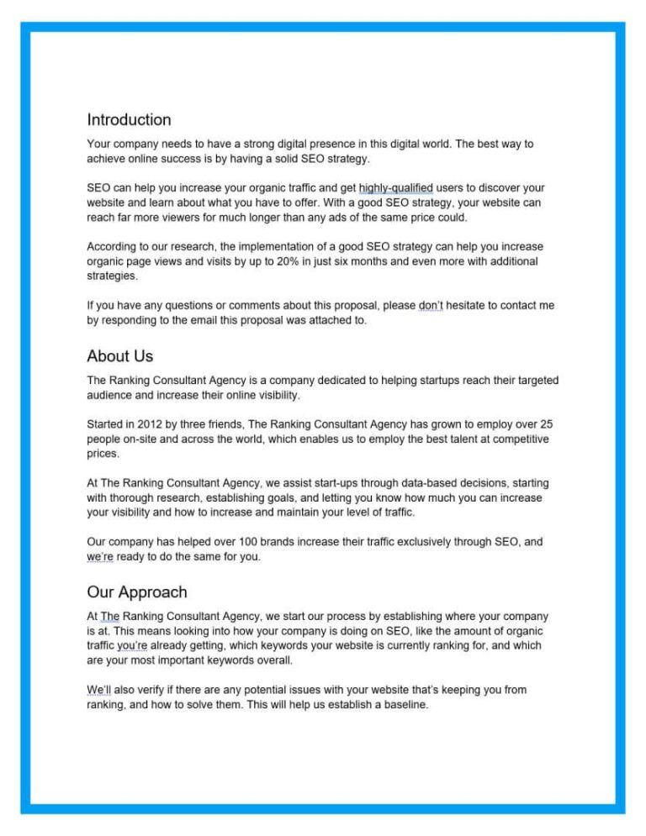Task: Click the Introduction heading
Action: [129, 119]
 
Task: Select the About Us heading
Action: [119, 356]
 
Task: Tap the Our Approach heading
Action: [136, 592]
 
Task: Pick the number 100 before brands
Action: [220, 542]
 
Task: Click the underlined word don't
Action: [432, 306]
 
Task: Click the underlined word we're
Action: [100, 556]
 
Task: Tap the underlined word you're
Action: [132, 646]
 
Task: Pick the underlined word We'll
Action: [98, 690]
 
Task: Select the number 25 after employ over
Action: [544, 423]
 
